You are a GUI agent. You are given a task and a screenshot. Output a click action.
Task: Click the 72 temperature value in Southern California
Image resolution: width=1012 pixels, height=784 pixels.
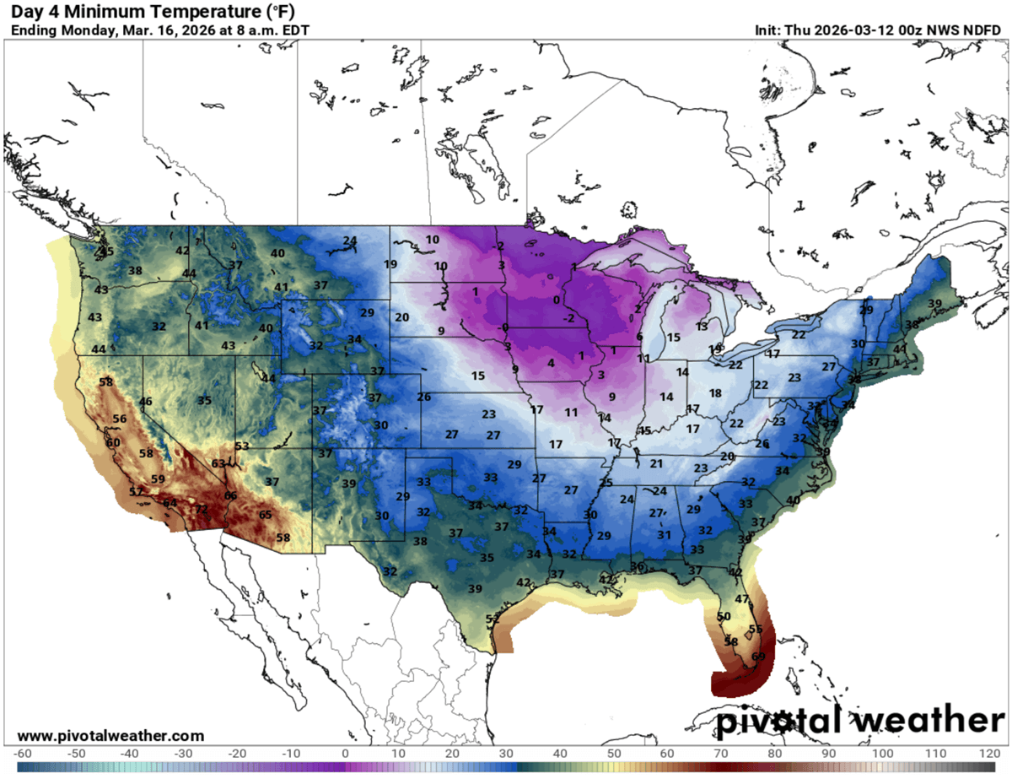click(202, 509)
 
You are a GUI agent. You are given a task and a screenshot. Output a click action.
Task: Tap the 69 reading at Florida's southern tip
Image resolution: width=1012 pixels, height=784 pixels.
click(758, 657)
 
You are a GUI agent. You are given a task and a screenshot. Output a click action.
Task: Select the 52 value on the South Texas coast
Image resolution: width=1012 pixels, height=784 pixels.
click(493, 619)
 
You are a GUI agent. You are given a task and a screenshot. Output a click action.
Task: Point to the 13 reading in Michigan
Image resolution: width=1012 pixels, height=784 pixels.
click(702, 327)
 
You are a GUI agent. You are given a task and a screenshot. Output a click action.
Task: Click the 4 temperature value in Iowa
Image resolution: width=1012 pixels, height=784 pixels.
click(551, 363)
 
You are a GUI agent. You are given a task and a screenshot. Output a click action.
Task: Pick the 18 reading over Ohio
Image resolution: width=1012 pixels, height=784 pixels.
click(715, 393)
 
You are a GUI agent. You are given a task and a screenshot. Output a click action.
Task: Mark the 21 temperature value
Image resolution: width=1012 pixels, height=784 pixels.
click(657, 463)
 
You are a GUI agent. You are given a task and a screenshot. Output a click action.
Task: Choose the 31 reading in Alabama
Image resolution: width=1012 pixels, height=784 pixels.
click(664, 534)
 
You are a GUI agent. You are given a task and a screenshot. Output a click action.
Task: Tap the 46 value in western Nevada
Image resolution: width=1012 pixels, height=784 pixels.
click(146, 402)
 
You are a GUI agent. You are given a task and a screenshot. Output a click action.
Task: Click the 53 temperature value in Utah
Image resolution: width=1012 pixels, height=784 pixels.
click(242, 446)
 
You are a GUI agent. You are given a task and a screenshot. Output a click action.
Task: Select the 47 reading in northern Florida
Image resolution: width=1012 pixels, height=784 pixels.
click(742, 598)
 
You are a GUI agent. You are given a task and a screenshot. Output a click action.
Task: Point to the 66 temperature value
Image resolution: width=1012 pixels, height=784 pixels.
click(231, 495)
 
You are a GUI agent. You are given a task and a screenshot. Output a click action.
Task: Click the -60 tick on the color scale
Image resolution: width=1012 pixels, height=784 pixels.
click(23, 753)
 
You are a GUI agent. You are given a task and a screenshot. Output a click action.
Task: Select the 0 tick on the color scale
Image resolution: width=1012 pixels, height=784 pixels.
click(345, 753)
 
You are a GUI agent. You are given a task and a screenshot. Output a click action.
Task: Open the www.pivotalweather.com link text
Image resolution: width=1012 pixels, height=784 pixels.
click(110, 736)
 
